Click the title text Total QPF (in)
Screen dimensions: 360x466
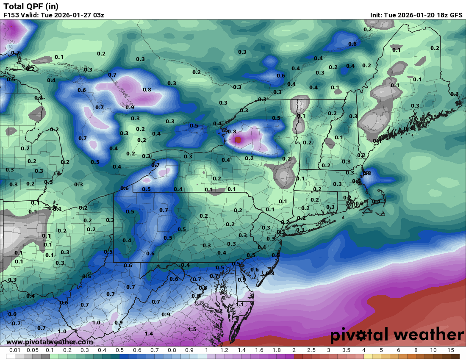[31, 6]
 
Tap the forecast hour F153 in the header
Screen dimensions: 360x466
[12, 15]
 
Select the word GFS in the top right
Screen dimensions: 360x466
[456, 15]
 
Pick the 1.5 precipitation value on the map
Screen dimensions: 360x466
[192, 329]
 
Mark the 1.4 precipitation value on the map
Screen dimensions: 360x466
[149, 333]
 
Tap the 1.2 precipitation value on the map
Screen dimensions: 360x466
[219, 310]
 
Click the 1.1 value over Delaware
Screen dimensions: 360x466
[240, 304]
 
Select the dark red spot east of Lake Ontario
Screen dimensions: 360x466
[238, 139]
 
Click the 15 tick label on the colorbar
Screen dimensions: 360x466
[451, 350]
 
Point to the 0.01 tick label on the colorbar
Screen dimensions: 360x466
[15, 350]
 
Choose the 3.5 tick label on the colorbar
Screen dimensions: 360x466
[346, 350]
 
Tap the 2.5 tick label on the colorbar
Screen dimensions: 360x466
[311, 350]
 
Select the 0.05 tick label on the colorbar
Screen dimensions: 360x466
[32, 350]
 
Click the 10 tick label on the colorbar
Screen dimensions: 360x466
[433, 350]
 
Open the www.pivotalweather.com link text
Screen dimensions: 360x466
[50, 342]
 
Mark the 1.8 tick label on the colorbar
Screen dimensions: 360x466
[276, 350]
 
